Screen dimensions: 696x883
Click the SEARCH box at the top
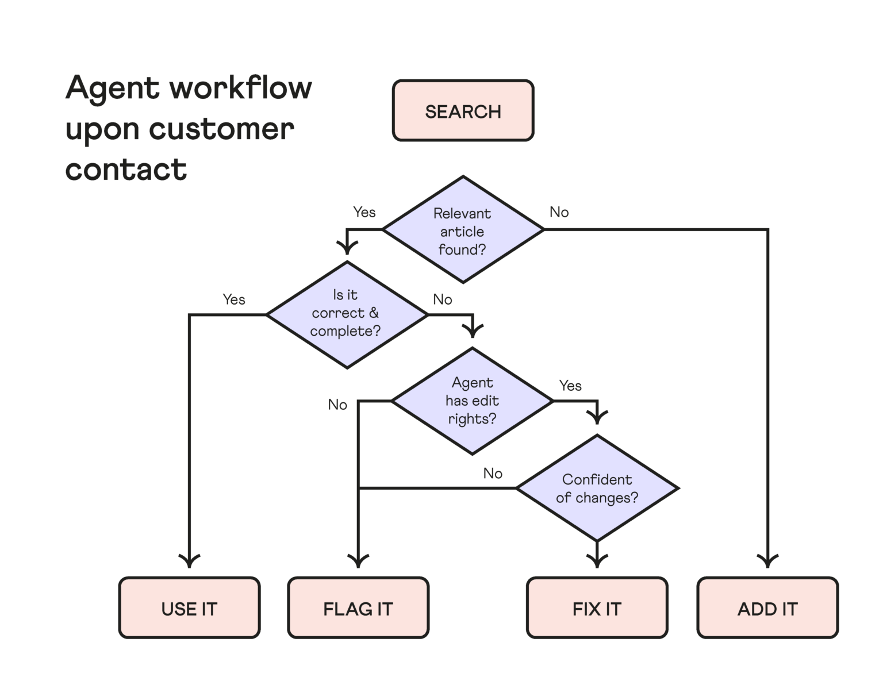pos(463,111)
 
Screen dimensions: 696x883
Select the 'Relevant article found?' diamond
pos(463,230)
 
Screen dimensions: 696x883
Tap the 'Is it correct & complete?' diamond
pos(347,314)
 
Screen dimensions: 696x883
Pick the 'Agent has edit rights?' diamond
pos(472,401)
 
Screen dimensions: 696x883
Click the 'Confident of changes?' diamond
pos(597,488)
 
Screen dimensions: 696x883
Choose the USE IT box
pos(189,608)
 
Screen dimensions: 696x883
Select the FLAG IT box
pos(358,608)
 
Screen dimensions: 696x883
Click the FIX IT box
pos(597,608)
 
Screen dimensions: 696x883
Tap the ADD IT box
pos(767,608)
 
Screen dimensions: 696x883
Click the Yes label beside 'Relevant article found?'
pos(364,212)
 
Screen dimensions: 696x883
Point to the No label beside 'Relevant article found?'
pos(559,212)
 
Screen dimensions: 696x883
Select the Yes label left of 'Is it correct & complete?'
pos(234,299)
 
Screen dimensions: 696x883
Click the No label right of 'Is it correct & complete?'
pos(443,299)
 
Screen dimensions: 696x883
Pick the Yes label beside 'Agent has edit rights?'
pos(570,386)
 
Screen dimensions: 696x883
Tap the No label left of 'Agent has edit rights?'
pos(337,405)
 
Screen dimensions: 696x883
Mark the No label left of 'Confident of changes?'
pos(493,473)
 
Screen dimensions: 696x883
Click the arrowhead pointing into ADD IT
pos(767,560)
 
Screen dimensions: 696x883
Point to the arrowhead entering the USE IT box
pos(189,560)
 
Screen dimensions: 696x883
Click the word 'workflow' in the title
pos(241,89)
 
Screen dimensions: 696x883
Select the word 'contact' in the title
pos(126,170)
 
